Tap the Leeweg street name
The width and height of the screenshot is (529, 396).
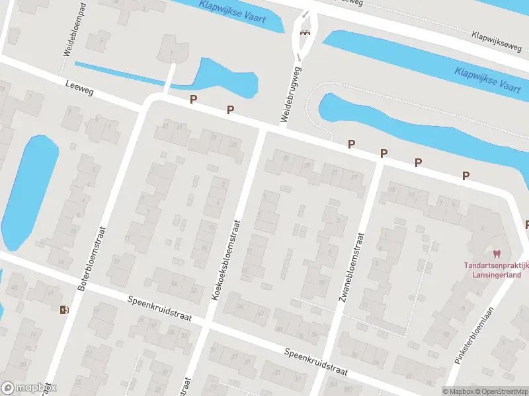point(79,88)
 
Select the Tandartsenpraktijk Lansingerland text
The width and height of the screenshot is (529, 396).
point(497,270)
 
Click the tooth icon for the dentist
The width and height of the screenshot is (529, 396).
point(497,253)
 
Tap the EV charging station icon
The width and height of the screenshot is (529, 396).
point(63,310)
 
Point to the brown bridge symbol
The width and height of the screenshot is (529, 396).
point(305,33)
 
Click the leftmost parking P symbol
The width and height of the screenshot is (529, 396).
point(193,100)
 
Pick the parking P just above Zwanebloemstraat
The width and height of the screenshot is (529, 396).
point(384,153)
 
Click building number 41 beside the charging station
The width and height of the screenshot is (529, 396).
point(50,292)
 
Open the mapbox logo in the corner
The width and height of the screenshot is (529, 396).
point(28,388)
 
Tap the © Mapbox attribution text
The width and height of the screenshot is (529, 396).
point(458,391)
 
